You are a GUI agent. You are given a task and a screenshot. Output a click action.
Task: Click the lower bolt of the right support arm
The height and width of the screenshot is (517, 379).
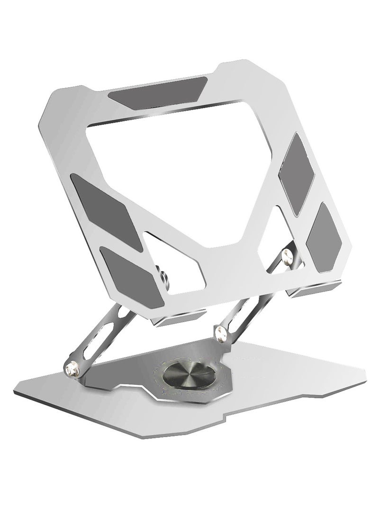[x=221, y=331]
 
